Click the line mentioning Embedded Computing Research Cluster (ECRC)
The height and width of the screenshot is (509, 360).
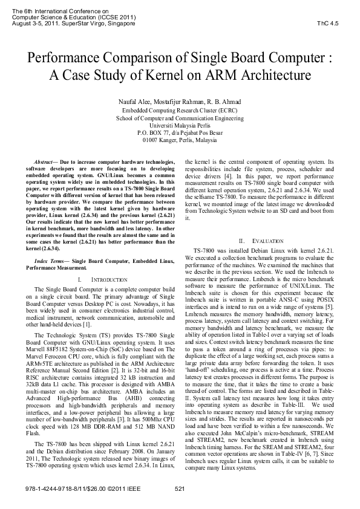click(x=180, y=111)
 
